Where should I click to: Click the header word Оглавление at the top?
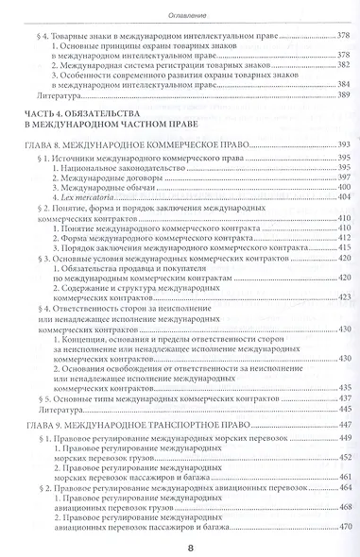point(179,11)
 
